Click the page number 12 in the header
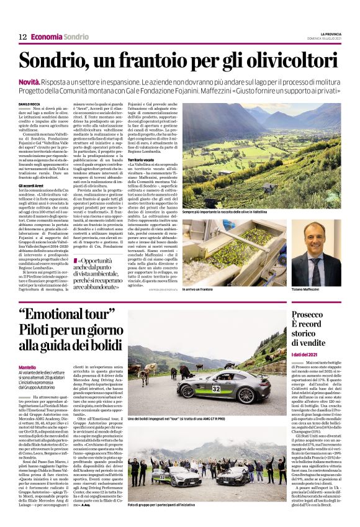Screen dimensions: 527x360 22,37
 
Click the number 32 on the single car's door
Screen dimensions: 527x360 216,390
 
